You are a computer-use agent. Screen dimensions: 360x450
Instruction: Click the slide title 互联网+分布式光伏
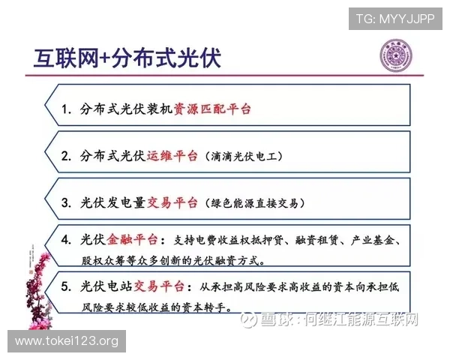tap(127, 58)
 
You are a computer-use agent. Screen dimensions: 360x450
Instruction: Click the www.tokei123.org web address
tap(67, 341)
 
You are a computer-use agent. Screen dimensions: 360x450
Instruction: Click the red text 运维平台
tap(172, 156)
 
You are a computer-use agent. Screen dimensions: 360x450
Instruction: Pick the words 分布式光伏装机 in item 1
tap(127, 109)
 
